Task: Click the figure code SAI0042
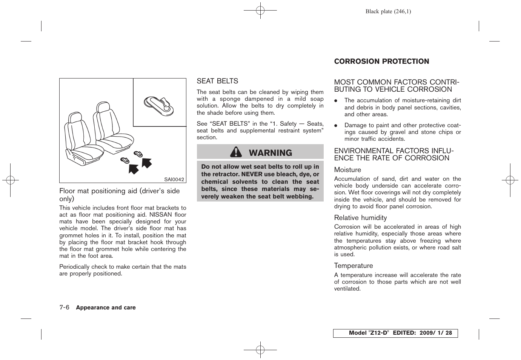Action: tap(174, 180)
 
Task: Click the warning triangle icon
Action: tap(236, 152)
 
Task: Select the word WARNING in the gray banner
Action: tap(270, 153)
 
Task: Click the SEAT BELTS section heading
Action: tap(217, 81)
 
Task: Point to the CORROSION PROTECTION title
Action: tap(381, 62)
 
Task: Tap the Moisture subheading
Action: tap(347, 170)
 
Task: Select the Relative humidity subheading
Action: tap(360, 218)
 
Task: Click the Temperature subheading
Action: tap(353, 266)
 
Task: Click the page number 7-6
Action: tap(65, 308)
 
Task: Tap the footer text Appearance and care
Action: tap(106, 308)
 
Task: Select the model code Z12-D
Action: tap(378, 333)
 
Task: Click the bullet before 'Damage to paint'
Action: tap(335, 125)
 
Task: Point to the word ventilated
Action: tap(347, 289)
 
